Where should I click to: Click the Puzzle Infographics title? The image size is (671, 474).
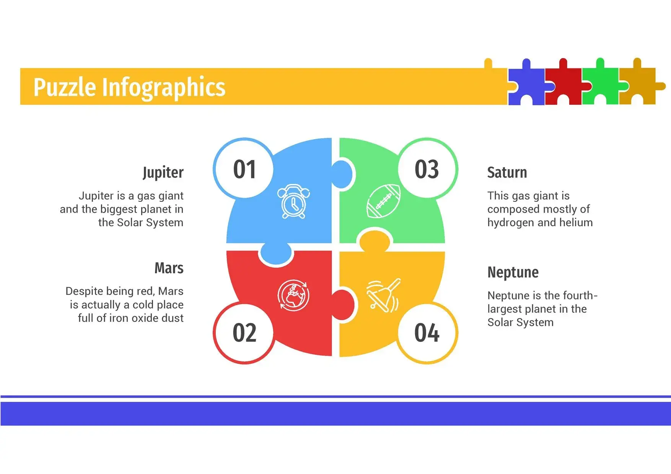click(129, 88)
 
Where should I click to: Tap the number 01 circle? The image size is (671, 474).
click(244, 169)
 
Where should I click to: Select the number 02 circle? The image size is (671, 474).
click(244, 332)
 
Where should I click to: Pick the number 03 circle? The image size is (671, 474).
click(427, 169)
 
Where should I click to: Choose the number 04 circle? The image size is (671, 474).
click(427, 332)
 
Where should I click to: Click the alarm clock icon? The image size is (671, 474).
click(293, 201)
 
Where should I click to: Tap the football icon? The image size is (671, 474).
click(384, 201)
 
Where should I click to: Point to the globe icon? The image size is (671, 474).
click(293, 295)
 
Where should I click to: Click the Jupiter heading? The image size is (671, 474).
click(163, 173)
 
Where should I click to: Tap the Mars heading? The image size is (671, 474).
click(169, 268)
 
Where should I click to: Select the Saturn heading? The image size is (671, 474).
click(507, 172)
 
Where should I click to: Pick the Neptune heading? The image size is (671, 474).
click(513, 273)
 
